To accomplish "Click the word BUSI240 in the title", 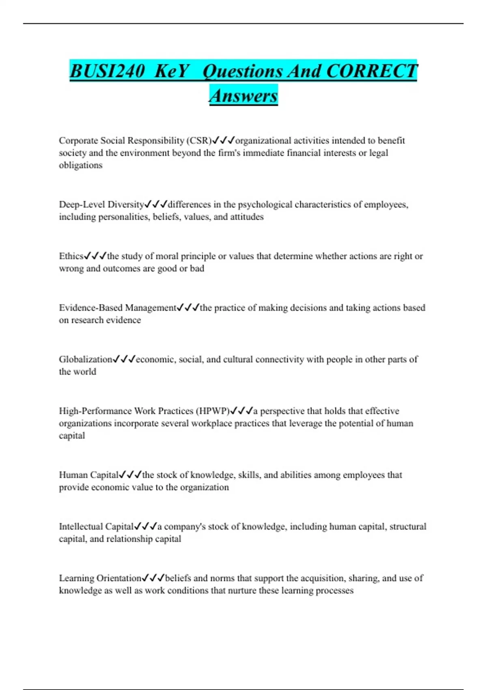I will [x=107, y=71].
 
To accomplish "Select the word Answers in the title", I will [x=243, y=96].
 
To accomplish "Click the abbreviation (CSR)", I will [x=199, y=140].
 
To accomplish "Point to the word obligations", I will [x=80, y=165].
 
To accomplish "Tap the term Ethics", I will [x=71, y=256].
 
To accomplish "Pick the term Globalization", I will [x=85, y=359].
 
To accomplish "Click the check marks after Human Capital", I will [x=130, y=475].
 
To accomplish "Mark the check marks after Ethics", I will [x=95, y=256].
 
